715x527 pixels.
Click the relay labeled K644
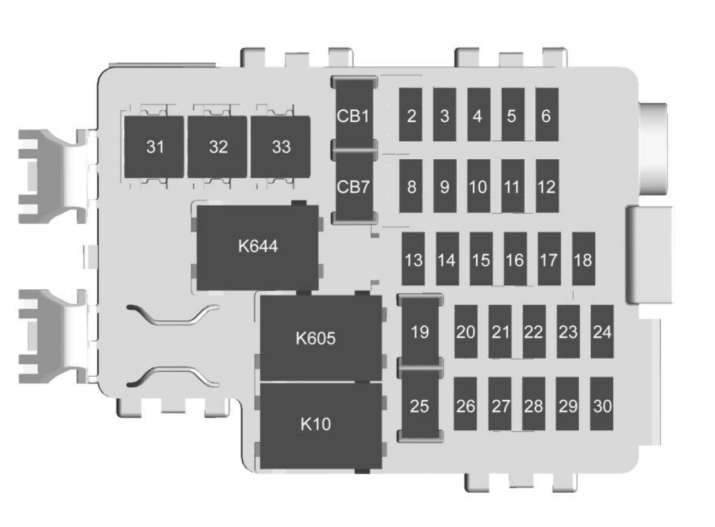(258, 247)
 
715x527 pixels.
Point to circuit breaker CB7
(352, 187)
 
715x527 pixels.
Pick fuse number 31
(155, 147)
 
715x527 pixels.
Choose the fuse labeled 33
(281, 147)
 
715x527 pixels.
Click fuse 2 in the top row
(411, 116)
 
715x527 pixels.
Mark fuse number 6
(546, 116)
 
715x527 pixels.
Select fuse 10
(478, 187)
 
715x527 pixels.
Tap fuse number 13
(414, 260)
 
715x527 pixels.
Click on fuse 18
(583, 260)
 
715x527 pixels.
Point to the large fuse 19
(420, 332)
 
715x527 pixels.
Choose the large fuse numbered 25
(420, 407)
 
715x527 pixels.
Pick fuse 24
(602, 332)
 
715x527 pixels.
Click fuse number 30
(602, 406)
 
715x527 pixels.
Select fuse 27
(500, 406)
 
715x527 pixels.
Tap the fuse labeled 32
(218, 147)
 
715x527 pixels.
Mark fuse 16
(515, 260)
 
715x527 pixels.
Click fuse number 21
(500, 332)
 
